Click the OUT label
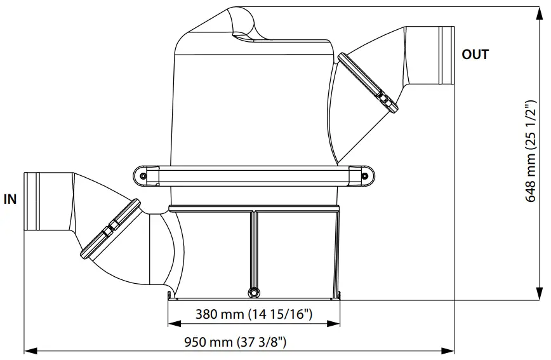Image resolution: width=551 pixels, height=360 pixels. [475, 55]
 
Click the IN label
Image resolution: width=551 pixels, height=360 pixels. [10, 199]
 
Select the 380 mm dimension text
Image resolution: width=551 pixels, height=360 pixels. [254, 314]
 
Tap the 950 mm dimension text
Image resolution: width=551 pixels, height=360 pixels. [235, 342]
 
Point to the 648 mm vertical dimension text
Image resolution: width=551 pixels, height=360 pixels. [531, 151]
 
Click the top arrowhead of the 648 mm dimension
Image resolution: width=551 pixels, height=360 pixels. [540, 13]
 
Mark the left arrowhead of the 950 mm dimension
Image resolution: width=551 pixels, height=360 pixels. [30, 350]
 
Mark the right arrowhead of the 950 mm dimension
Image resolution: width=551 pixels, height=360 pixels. [448, 350]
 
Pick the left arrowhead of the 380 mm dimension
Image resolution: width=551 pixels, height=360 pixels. [175, 323]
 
